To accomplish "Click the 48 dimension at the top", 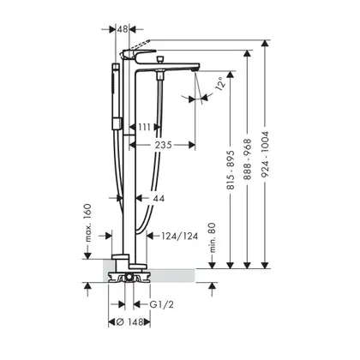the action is (123, 29).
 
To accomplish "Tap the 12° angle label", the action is (220, 84).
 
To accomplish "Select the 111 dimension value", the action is (145, 127).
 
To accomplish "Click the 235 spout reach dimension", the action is (164, 145).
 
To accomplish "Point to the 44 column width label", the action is (159, 198).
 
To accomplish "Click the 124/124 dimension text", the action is (180, 236).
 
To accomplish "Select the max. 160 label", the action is (87, 223).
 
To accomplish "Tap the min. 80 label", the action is (213, 238).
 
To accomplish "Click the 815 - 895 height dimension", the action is (231, 170).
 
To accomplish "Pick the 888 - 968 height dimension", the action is (248, 159).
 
